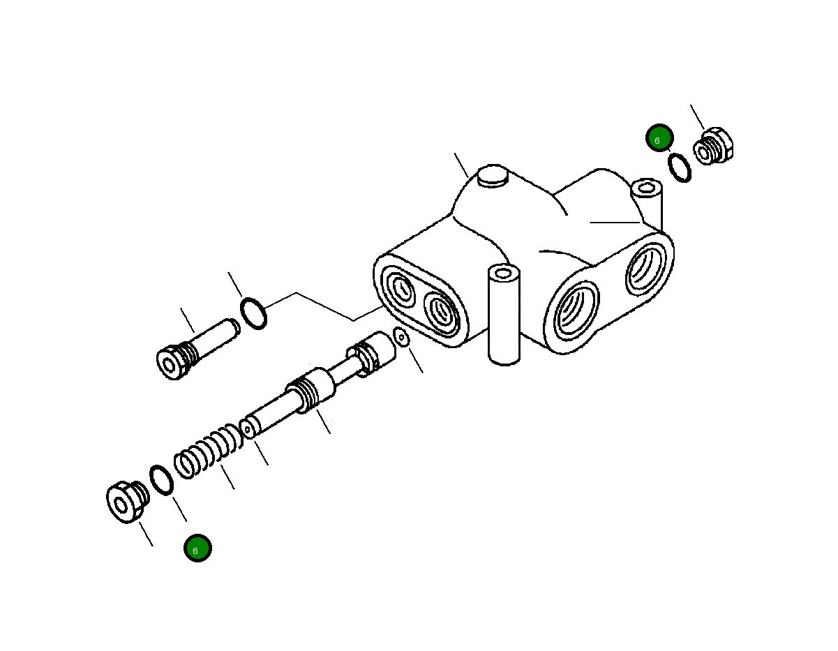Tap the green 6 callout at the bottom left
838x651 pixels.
pyautogui.click(x=197, y=548)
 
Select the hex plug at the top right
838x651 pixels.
pyautogui.click(x=713, y=147)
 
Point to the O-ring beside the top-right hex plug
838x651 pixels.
pyautogui.click(x=680, y=167)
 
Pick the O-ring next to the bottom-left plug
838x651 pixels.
pyautogui.click(x=162, y=480)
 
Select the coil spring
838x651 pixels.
pyautogui.click(x=208, y=452)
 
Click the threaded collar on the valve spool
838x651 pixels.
pyautogui.click(x=308, y=392)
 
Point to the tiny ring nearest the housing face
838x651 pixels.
pyautogui.click(x=401, y=337)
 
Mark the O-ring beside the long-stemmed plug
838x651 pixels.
pyautogui.click(x=253, y=313)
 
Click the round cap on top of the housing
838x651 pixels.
pyautogui.click(x=492, y=175)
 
